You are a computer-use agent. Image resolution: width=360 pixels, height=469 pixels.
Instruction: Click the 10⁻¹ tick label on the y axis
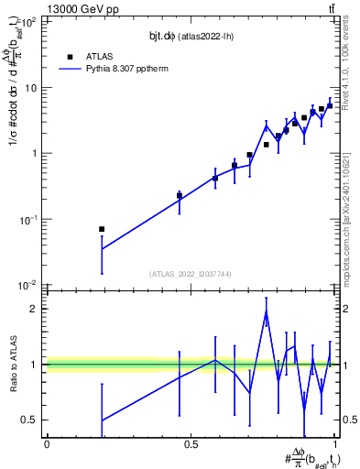click(28, 220)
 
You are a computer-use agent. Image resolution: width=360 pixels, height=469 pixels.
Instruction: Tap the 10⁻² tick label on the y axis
click(28, 286)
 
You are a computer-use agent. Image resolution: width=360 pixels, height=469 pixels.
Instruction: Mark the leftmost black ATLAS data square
click(102, 229)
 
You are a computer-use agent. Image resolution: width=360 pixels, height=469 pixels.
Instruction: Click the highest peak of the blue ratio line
click(266, 312)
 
